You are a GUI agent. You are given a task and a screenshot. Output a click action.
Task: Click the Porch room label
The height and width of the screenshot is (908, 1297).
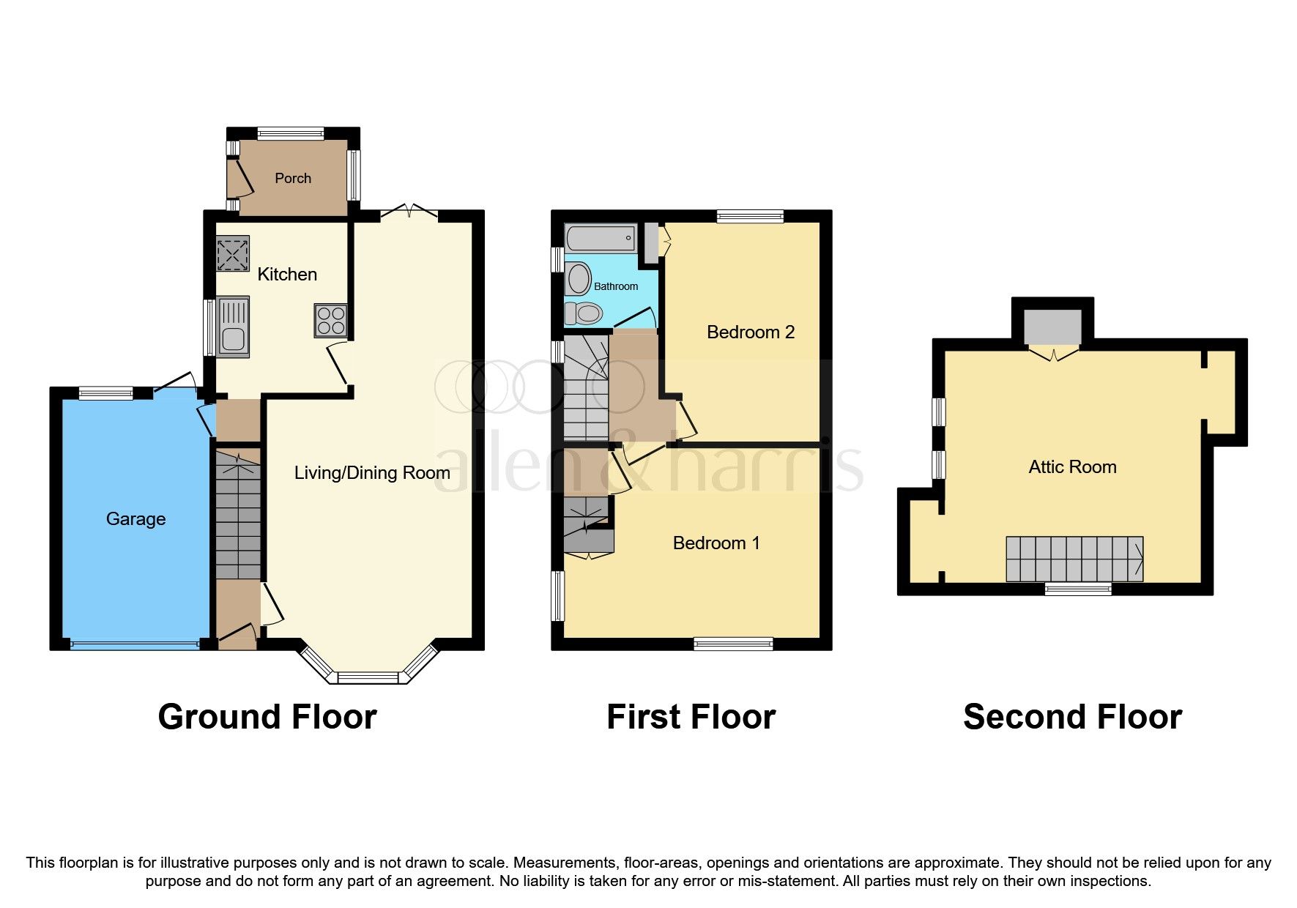pos(293,178)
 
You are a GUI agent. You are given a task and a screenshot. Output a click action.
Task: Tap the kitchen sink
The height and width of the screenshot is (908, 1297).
pos(233,327)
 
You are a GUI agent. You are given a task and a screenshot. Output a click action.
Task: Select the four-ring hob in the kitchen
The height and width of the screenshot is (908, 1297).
pos(330,320)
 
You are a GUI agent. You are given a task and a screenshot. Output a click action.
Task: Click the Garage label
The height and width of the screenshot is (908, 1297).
pos(135,518)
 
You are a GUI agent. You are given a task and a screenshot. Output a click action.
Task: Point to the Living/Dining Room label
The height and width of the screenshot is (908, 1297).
pos(371,472)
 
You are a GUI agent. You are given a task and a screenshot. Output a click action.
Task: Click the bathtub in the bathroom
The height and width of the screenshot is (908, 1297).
pos(600,238)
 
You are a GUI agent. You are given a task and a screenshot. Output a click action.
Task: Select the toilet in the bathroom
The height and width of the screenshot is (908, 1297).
pos(584,314)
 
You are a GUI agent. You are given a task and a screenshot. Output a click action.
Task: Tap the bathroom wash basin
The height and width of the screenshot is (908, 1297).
pos(579,278)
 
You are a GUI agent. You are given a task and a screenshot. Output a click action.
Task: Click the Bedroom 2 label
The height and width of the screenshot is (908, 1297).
pos(750,332)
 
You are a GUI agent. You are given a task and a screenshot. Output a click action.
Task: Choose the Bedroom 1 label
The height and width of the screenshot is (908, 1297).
pos(716,543)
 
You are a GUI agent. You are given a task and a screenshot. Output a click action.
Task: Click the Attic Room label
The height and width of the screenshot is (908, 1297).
pos(1072,466)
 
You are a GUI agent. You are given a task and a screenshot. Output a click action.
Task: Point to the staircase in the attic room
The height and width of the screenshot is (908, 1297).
pos(1074,559)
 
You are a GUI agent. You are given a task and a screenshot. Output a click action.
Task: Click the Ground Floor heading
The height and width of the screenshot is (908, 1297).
pos(267,716)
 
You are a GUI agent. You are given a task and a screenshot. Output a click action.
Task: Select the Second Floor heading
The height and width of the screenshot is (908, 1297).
pos(1072,716)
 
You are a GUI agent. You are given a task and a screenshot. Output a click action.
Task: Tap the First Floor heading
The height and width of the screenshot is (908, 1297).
pos(691,716)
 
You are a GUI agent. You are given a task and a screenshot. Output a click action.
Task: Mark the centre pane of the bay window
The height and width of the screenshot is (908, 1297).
pos(368,677)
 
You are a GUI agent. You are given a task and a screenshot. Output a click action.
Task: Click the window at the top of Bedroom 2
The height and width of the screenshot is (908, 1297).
pos(750,216)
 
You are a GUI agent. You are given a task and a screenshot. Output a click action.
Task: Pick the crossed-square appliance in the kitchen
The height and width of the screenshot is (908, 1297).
pos(233,253)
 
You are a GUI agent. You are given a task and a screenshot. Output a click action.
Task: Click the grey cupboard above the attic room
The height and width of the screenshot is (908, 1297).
pos(1052,327)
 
